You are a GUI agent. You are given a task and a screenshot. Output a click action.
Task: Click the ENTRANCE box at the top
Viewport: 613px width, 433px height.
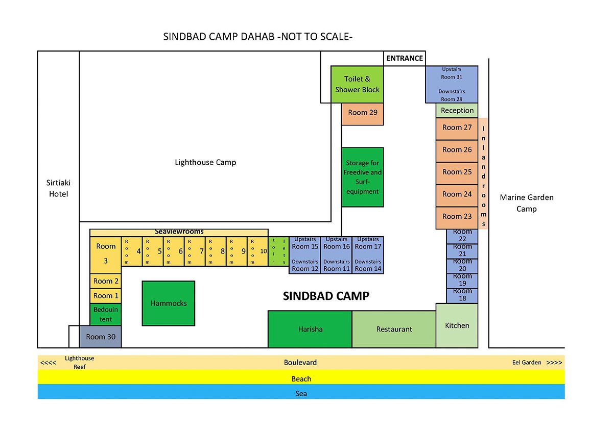(405, 58)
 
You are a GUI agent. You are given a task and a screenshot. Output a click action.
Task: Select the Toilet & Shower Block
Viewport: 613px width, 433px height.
(357, 85)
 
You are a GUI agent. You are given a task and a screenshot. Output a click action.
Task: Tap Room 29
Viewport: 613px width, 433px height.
(363, 114)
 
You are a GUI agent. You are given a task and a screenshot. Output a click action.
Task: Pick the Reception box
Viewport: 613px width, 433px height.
(457, 110)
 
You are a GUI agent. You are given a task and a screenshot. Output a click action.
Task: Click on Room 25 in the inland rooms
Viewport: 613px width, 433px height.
(457, 173)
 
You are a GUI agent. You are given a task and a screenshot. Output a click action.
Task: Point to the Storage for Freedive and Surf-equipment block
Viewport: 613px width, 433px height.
(363, 177)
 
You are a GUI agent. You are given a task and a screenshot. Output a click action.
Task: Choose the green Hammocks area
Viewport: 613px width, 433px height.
(169, 303)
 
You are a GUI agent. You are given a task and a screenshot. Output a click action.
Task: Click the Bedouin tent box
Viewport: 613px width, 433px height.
(106, 315)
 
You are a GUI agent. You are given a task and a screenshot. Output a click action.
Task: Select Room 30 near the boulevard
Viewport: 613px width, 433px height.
(101, 337)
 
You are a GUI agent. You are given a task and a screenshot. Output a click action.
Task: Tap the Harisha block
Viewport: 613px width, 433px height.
(310, 329)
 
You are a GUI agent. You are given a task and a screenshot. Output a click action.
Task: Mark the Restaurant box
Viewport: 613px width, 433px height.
(394, 329)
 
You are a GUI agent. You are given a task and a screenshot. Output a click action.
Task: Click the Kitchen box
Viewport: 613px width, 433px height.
(457, 325)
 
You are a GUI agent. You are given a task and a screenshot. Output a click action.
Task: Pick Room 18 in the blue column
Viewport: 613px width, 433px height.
(462, 296)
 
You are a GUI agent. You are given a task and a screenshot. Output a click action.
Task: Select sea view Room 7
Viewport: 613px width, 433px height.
(195, 251)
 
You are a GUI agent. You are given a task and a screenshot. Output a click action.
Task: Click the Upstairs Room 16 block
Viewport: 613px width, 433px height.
(336, 255)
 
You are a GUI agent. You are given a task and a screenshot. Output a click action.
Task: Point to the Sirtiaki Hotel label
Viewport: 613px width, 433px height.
(58, 188)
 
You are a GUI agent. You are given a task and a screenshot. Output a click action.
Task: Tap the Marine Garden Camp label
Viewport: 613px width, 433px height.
(527, 203)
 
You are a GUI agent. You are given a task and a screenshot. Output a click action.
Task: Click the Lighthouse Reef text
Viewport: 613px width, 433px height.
(79, 363)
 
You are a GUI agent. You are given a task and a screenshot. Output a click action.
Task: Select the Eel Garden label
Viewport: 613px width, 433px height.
(527, 362)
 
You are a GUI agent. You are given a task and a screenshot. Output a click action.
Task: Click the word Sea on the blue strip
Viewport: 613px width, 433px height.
(301, 393)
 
